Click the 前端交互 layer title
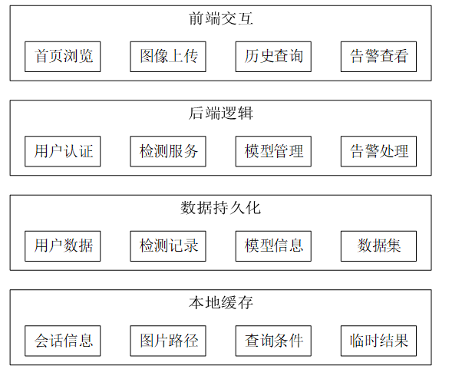coord(221,18)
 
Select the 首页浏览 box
coord(63,57)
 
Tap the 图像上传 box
coord(168,57)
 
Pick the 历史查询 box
coord(273,57)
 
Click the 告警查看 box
coord(379,57)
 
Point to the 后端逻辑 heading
coord(221,114)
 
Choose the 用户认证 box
coord(63,151)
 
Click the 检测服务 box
coord(168,151)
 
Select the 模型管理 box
coord(273,151)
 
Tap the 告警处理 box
coord(379,151)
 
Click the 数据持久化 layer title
coord(221,208)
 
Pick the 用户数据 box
coord(63,246)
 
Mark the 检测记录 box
coord(168,246)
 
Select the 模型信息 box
coord(273,246)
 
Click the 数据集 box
coord(379,246)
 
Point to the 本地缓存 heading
coord(221,303)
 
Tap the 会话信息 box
coord(63,341)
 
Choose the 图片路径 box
coord(168,341)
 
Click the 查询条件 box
coord(273,341)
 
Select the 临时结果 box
coord(379,341)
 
